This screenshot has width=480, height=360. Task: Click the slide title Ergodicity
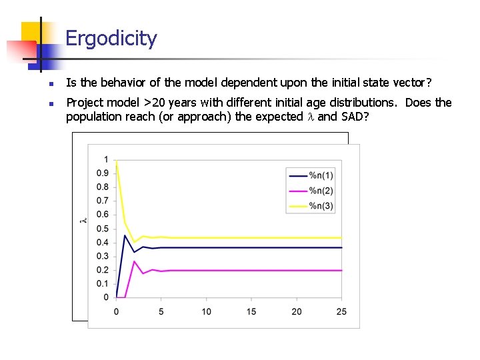point(111,39)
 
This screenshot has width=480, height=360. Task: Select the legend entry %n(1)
point(321,175)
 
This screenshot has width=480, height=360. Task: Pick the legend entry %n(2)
point(321,191)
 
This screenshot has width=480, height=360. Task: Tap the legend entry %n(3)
point(321,206)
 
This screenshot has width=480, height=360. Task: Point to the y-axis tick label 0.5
point(102,229)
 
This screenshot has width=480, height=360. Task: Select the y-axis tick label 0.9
point(102,173)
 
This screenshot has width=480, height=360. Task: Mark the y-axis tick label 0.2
point(102,270)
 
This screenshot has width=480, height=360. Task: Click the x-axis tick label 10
point(207,311)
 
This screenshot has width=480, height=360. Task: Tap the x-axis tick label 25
point(342,311)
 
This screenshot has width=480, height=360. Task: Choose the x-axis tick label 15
point(251,311)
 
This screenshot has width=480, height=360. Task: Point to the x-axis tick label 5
point(161,311)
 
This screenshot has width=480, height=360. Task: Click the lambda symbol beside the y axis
point(83,220)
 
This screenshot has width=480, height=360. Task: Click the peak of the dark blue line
point(125,235)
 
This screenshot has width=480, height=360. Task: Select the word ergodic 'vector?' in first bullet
point(415,83)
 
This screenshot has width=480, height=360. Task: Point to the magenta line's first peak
point(134,261)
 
